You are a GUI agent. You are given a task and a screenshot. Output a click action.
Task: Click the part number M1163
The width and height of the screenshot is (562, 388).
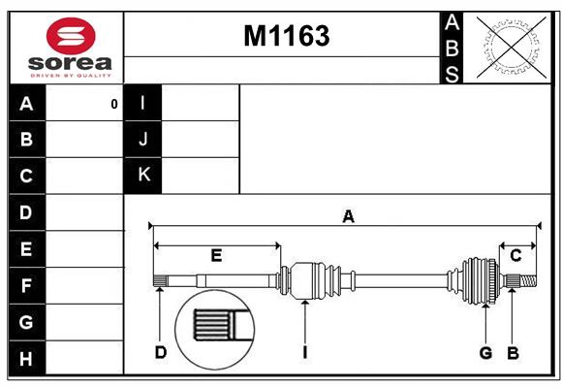tap(286, 36)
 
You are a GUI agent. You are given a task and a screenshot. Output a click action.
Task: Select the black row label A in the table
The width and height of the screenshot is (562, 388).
tap(26, 104)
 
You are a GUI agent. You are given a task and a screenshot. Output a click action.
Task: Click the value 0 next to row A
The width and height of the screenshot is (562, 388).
tap(113, 104)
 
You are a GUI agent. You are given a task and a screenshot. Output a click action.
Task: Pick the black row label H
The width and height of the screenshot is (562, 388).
tap(26, 360)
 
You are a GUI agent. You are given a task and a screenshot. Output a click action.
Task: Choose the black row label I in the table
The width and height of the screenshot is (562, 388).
tap(143, 104)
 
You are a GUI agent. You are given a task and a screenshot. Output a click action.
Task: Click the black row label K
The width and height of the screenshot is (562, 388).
tap(143, 176)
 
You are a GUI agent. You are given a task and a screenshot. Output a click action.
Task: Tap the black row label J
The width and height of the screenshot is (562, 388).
tap(143, 140)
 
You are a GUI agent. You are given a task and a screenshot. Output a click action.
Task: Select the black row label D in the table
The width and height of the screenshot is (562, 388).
tap(26, 211)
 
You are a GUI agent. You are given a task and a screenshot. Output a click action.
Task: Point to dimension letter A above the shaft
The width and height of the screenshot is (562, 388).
tap(348, 217)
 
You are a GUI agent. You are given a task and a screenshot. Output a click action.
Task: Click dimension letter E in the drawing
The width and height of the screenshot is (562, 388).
tap(216, 256)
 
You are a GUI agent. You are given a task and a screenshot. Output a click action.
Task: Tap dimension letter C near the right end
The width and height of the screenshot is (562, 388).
tap(515, 255)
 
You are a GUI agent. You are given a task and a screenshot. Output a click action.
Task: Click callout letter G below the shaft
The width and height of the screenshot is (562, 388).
tap(485, 352)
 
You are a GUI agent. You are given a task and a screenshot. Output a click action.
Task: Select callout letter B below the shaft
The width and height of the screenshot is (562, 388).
tap(513, 352)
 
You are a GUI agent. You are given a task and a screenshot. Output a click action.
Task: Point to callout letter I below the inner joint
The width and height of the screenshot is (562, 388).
tap(304, 352)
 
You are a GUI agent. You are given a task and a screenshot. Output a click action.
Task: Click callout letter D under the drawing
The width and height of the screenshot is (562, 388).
tap(161, 352)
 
